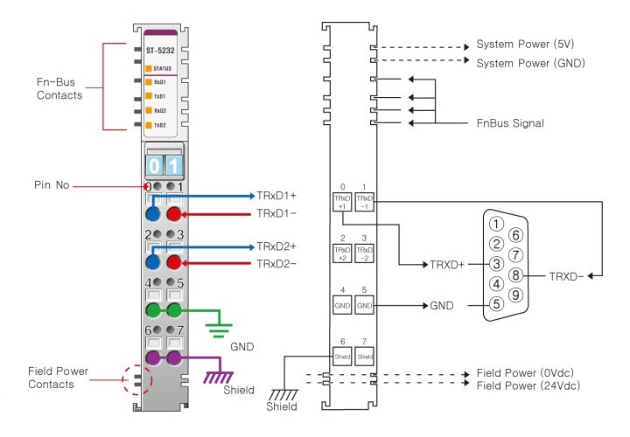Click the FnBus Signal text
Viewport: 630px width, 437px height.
pyautogui.click(x=510, y=123)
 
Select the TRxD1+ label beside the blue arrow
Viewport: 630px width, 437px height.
pyautogui.click(x=278, y=196)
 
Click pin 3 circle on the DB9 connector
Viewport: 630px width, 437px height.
pyautogui.click(x=496, y=263)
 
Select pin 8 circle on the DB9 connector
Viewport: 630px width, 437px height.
pyautogui.click(x=516, y=274)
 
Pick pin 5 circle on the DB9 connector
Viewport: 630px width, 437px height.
pyautogui.click(x=496, y=303)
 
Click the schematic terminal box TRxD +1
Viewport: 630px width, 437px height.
pyautogui.click(x=342, y=201)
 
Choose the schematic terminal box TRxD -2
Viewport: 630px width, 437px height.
pyautogui.click(x=365, y=253)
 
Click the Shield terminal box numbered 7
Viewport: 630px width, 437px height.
pyautogui.click(x=365, y=356)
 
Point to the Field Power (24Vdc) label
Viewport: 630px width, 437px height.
pyautogui.click(x=529, y=385)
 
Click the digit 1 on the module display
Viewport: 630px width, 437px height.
pyautogui.click(x=173, y=165)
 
